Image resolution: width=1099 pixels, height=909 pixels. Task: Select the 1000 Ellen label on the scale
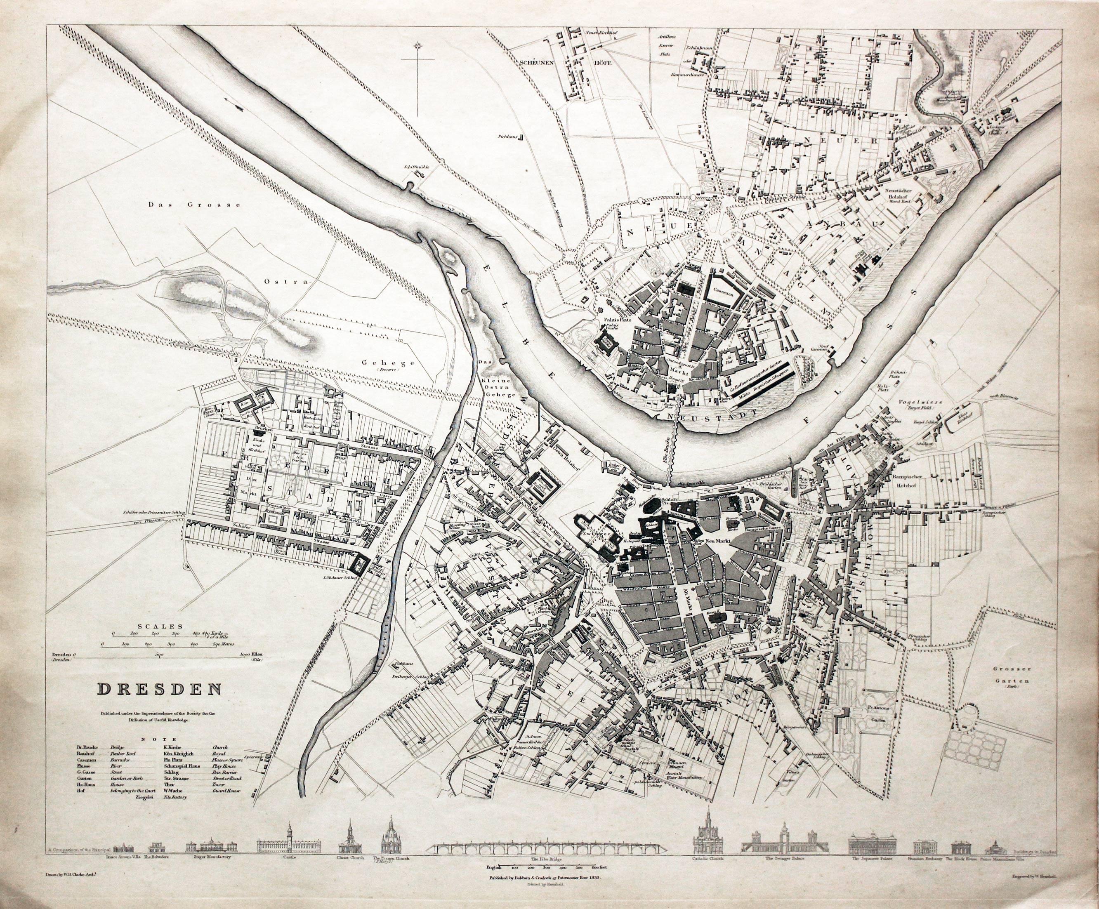click(249, 655)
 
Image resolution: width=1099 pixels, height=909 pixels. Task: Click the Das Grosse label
click(194, 205)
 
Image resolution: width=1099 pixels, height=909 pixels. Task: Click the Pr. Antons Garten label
click(882, 713)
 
